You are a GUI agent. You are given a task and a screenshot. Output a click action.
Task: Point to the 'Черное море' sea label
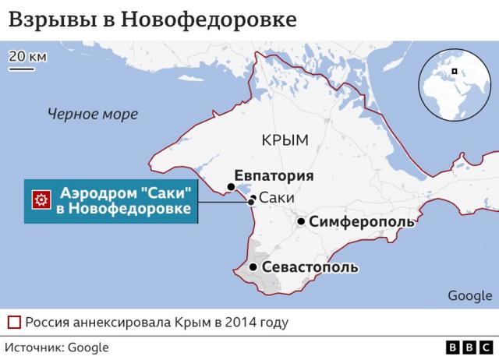[x=92, y=115]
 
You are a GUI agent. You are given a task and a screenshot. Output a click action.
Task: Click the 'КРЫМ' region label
[x=286, y=140]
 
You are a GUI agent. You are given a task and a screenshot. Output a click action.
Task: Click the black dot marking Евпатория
[x=231, y=187]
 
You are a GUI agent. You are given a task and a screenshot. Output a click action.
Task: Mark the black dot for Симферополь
[x=301, y=222]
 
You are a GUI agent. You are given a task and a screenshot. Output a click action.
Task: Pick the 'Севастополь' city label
[x=310, y=268]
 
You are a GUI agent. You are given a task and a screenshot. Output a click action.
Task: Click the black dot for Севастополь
[x=253, y=268]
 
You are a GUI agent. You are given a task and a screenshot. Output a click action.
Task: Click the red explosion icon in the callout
[x=41, y=201]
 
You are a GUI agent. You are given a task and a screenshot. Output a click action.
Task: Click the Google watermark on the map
[x=470, y=295]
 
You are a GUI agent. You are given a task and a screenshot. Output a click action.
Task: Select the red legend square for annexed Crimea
[x=14, y=322]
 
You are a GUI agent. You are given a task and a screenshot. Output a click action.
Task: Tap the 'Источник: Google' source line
[x=57, y=348]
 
